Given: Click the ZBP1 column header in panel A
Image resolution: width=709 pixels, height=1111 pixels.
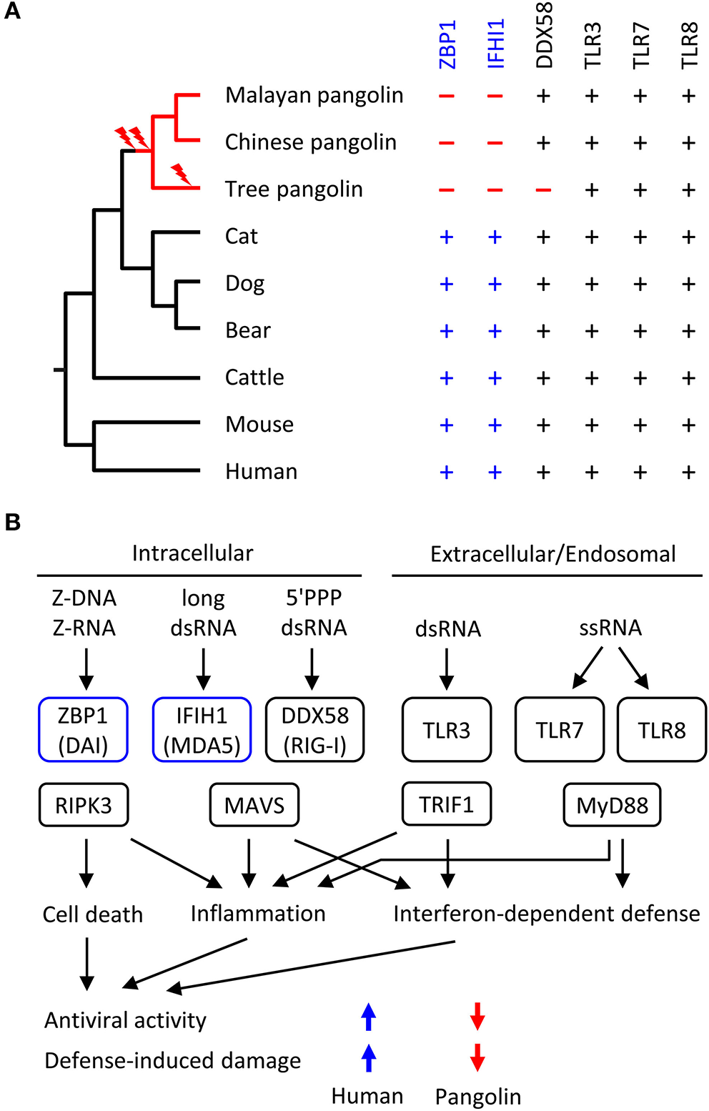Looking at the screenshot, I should click(447, 44).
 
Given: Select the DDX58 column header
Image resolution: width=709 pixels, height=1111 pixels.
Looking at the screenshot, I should click(544, 36).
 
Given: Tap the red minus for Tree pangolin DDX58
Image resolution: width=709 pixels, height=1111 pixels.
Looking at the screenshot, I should click(543, 190).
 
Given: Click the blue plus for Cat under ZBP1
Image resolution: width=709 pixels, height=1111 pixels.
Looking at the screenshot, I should click(447, 237).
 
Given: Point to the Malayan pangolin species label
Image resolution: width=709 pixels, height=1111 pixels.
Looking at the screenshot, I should click(314, 95).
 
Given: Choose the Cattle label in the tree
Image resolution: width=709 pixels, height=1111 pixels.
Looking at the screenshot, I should click(254, 377).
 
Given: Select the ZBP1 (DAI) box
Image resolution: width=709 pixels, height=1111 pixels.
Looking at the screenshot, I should click(83, 730).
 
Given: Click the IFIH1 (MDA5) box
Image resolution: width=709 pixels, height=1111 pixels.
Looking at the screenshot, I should click(202, 730).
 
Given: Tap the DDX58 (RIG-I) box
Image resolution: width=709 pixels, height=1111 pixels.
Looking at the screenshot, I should click(314, 730).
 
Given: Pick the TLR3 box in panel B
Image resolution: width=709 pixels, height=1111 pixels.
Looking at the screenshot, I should click(447, 730).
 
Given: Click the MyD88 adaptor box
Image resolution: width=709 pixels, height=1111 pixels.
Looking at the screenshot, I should click(612, 805).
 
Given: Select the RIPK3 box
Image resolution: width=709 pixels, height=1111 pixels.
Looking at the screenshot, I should click(84, 805).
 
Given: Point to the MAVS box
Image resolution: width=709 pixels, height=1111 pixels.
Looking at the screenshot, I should click(254, 805).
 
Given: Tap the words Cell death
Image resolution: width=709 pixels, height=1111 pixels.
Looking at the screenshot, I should click(92, 914).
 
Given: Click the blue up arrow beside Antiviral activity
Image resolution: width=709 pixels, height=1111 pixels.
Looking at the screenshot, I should click(368, 1016).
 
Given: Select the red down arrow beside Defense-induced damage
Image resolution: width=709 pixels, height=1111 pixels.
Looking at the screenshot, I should click(477, 1057).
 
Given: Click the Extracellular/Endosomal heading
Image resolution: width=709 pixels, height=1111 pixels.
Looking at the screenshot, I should click(552, 554).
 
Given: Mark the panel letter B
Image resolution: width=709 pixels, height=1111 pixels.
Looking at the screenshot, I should click(13, 523).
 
